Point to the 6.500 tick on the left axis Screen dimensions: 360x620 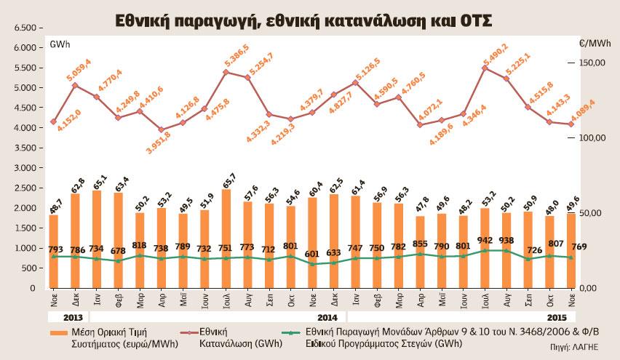click(24, 28)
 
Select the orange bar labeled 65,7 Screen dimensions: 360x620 click(226, 239)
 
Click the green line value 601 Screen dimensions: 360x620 click(311, 253)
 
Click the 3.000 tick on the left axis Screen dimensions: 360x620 click(24, 168)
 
